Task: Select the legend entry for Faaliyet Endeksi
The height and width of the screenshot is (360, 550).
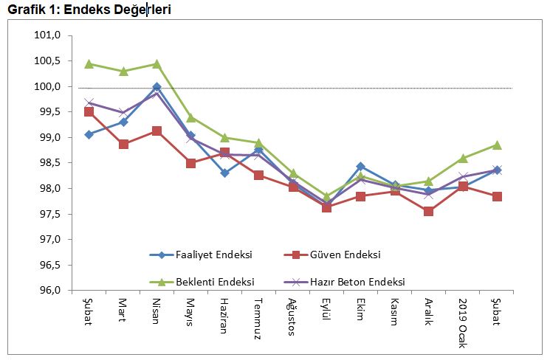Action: [199, 255]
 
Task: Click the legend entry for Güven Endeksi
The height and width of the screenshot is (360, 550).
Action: [332, 255]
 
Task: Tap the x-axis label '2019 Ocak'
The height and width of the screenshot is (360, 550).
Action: [463, 316]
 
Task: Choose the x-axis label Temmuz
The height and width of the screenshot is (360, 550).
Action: [258, 315]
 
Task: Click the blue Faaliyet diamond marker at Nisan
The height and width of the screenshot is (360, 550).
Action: [157, 87]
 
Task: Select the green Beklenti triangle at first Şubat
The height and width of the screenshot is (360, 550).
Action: [89, 64]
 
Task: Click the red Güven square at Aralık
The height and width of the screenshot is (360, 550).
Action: [429, 211]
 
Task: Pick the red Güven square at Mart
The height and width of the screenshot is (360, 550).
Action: [123, 144]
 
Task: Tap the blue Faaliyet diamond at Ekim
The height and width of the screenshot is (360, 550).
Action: [361, 167]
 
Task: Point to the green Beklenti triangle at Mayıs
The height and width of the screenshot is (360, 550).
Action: [190, 117]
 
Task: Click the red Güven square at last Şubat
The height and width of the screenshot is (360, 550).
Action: [497, 196]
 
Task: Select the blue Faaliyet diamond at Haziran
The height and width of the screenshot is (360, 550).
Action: [224, 173]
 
